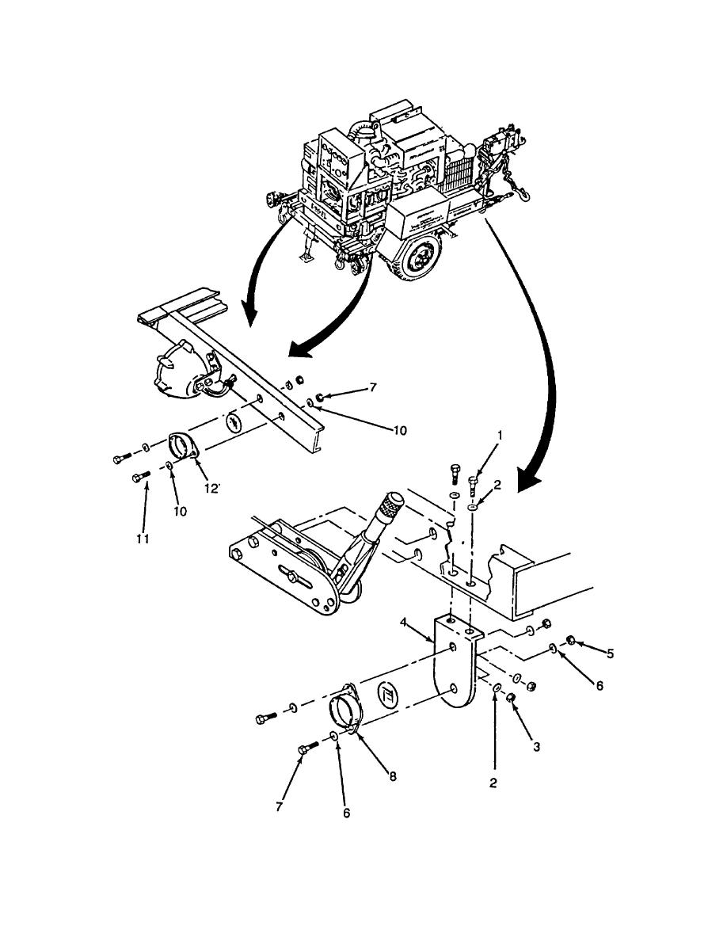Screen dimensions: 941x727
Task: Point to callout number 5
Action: (x=609, y=653)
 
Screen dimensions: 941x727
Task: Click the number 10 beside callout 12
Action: (x=180, y=511)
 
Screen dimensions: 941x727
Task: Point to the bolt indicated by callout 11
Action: (x=142, y=476)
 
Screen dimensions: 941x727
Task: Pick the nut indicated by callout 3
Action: (x=512, y=697)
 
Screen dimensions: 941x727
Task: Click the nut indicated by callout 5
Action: (x=569, y=639)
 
